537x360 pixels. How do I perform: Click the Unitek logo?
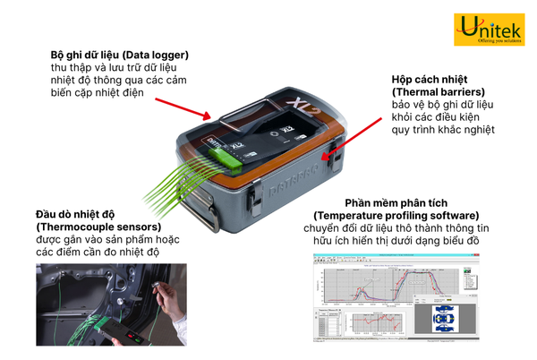490,31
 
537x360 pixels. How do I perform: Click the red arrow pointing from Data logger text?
183,104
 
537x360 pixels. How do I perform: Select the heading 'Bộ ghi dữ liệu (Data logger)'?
119,56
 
